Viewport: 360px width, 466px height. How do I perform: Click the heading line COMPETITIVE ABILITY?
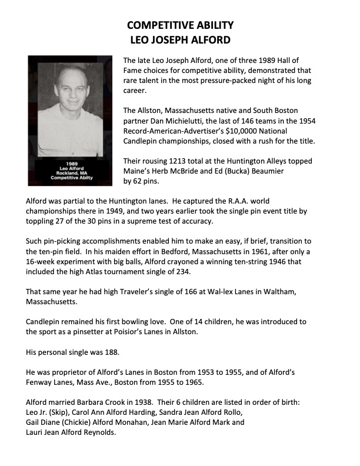click(x=181, y=25)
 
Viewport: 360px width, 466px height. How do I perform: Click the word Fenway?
click(x=40, y=382)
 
